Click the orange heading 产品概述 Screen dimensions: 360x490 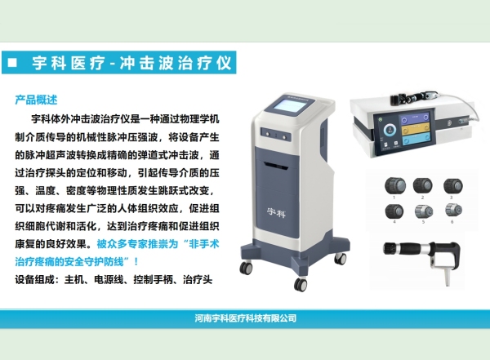(36, 100)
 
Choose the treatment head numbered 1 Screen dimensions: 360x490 (394, 184)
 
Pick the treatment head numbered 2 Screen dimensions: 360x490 (423, 184)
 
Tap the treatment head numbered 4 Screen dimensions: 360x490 (394, 211)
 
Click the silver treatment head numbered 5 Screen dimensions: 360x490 (423, 211)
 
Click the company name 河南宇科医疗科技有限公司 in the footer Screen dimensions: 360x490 (245, 318)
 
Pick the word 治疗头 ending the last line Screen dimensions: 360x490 (197, 280)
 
